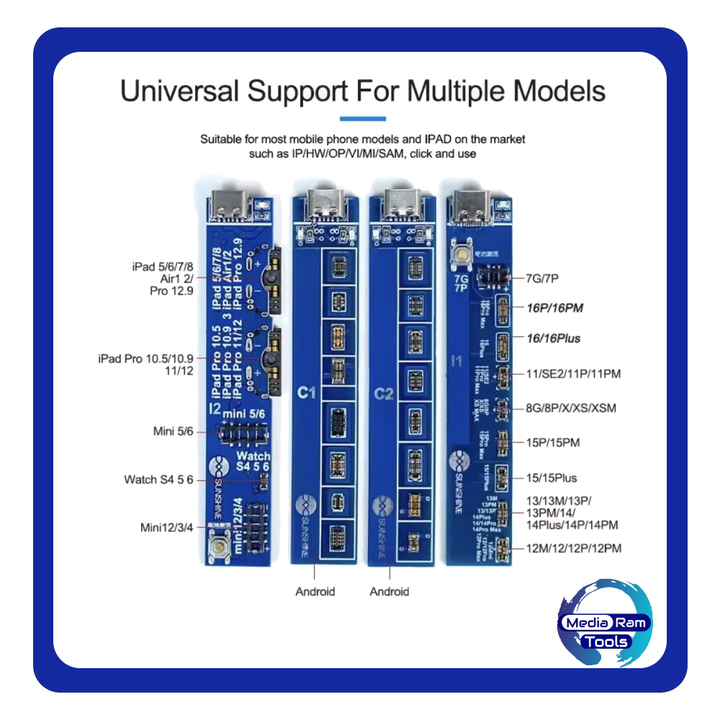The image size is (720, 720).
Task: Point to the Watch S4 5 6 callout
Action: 158,479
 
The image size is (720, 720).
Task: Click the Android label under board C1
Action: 315,591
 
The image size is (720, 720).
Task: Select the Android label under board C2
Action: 389,591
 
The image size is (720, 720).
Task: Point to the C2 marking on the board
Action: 383,395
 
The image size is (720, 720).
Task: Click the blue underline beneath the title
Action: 362,119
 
